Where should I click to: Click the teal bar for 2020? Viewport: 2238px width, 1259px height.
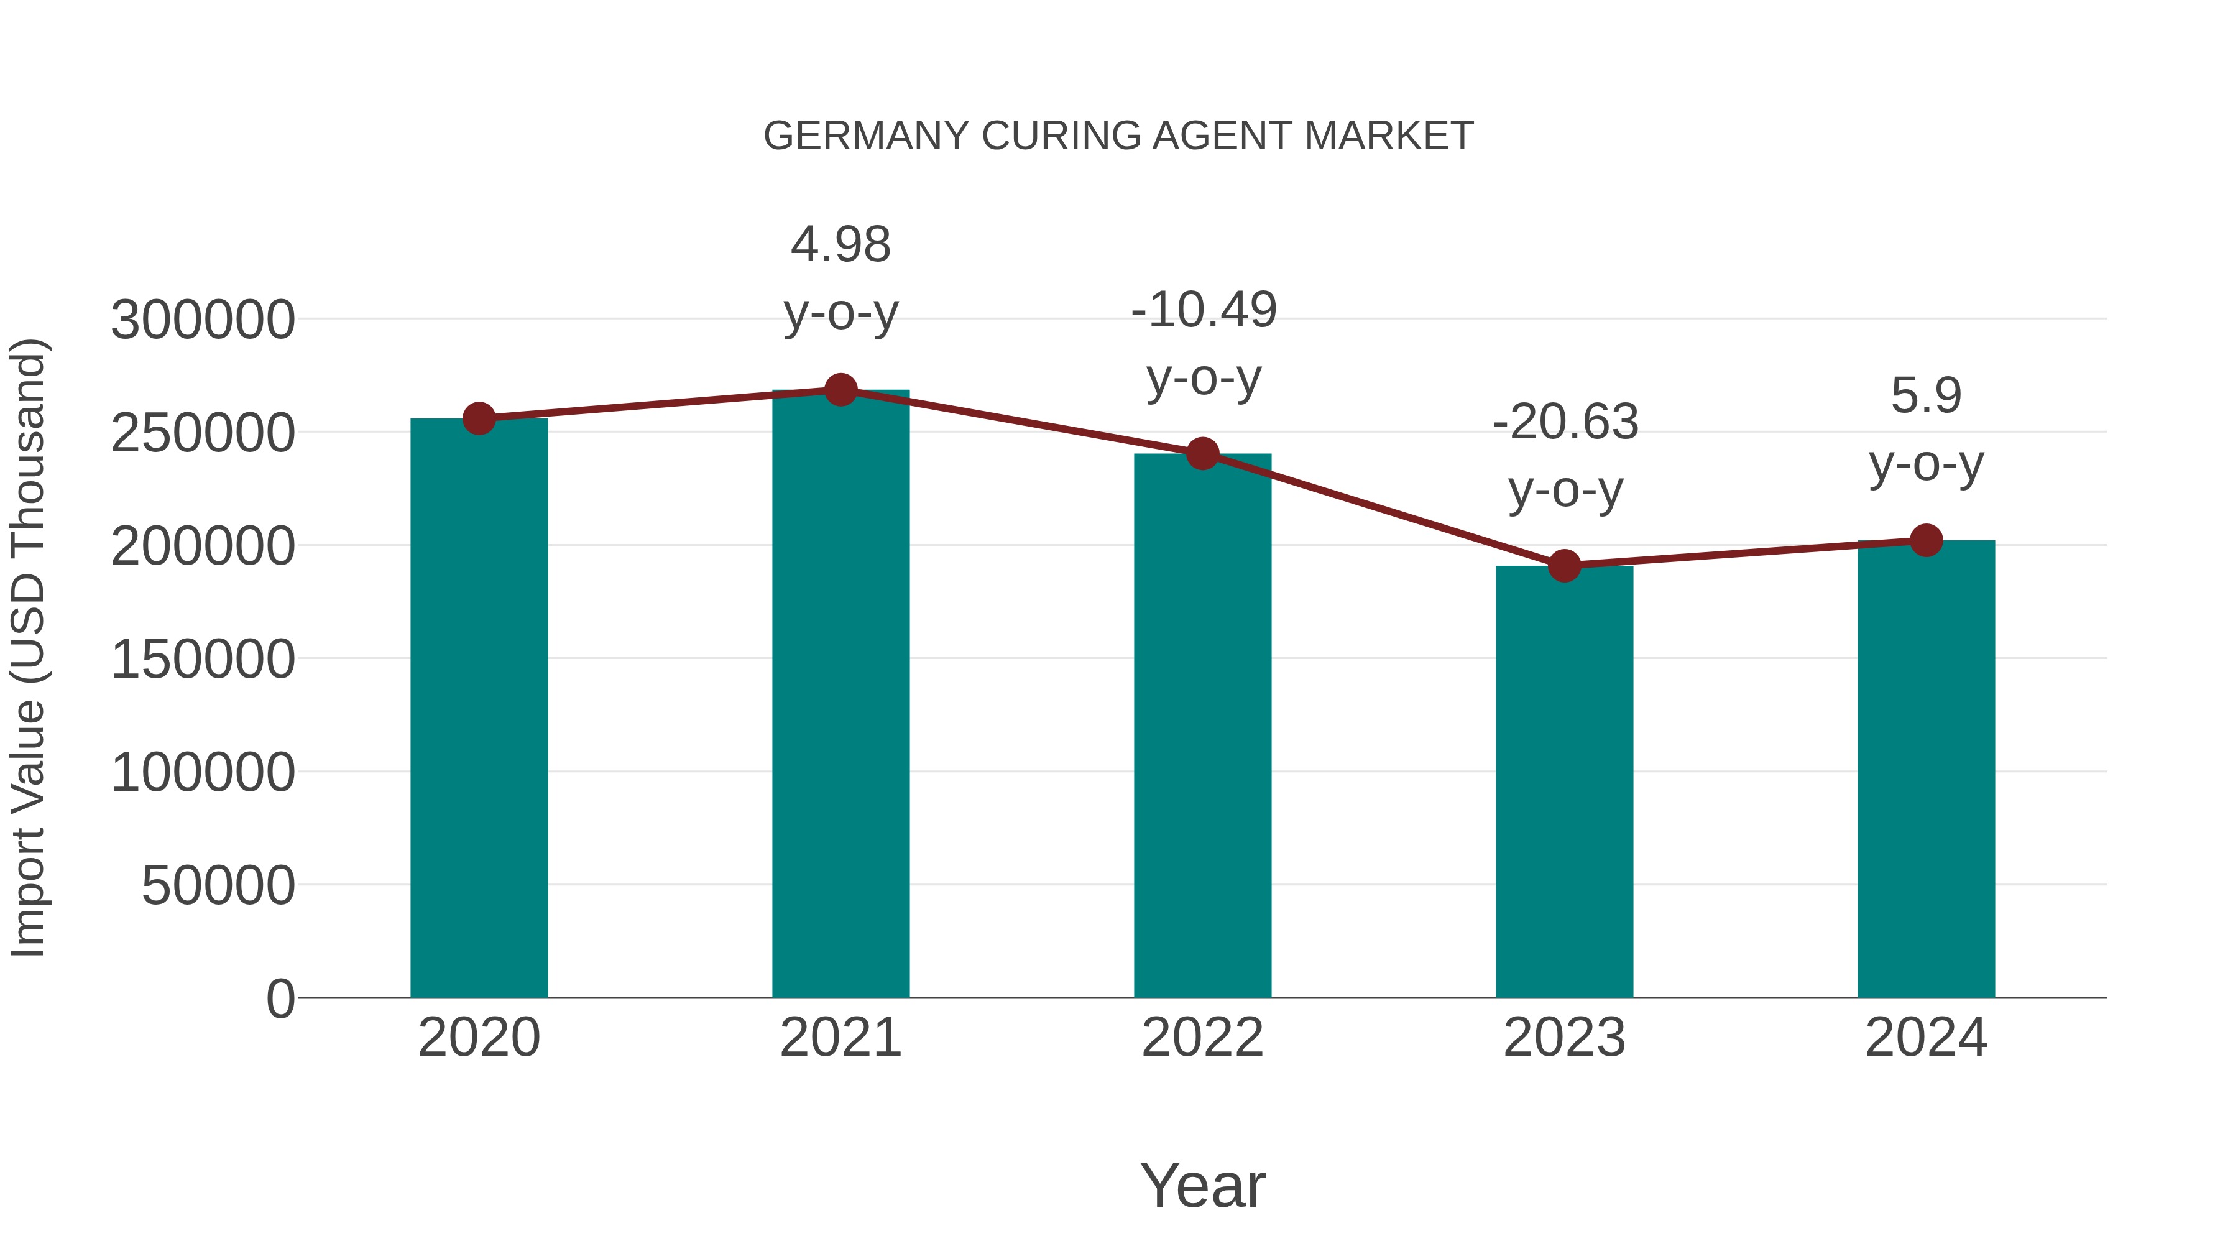(x=479, y=708)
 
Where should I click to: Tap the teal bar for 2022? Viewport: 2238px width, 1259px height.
(x=1202, y=726)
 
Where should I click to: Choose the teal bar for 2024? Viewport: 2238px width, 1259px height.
(x=1926, y=769)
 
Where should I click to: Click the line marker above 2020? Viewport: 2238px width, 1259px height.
(x=479, y=419)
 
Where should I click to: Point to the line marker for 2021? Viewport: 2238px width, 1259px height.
(x=840, y=390)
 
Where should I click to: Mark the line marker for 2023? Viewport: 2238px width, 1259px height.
(x=1564, y=566)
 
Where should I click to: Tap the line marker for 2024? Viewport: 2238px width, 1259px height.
(x=1926, y=540)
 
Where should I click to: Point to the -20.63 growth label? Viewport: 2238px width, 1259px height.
(x=1565, y=456)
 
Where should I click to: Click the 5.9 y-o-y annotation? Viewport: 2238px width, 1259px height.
(x=1926, y=430)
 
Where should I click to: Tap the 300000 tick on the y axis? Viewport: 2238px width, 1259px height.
(x=203, y=320)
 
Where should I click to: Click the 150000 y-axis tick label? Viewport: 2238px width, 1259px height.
(x=203, y=658)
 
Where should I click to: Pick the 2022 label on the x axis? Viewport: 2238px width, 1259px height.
(x=1202, y=1038)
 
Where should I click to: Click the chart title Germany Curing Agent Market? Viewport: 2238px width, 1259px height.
(x=1118, y=136)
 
